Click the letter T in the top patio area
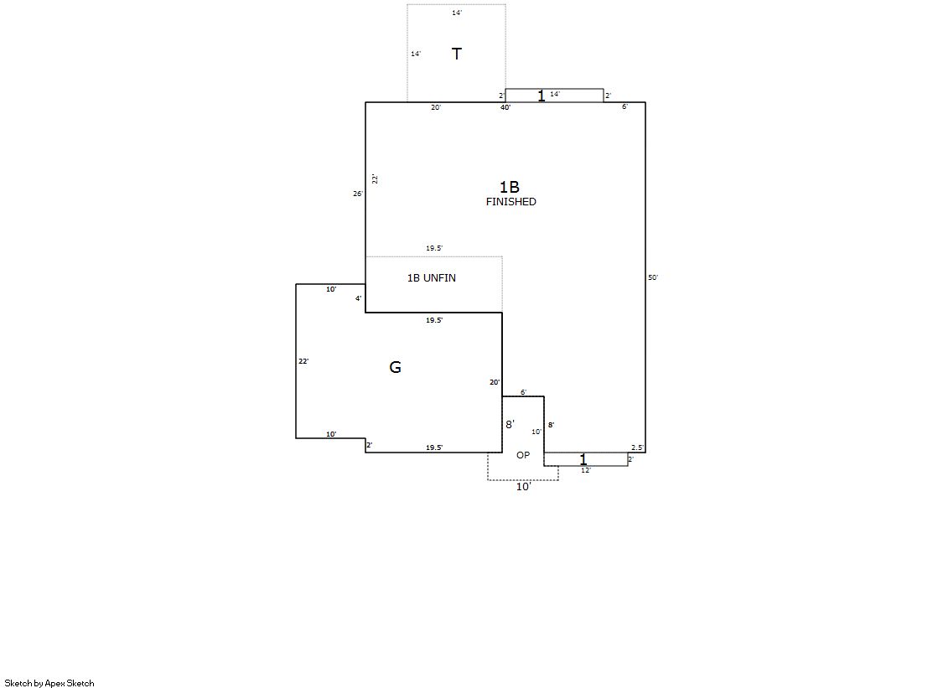tap(457, 54)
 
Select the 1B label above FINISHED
tap(510, 187)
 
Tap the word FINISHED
tap(510, 202)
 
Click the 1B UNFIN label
tap(432, 277)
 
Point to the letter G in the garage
tap(396, 367)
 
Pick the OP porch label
tap(523, 455)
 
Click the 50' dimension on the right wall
tap(653, 277)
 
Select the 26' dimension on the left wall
tap(358, 194)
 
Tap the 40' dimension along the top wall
tap(505, 107)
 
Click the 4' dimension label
tap(358, 298)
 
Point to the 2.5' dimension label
tap(637, 447)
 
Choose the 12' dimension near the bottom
tap(586, 470)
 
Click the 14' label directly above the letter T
tap(457, 13)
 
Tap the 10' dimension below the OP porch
tap(523, 487)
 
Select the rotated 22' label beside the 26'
tap(375, 178)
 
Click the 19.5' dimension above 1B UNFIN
tap(434, 248)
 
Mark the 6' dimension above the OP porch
tap(523, 392)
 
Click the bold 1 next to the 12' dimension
tap(583, 459)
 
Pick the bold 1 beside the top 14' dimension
tap(542, 96)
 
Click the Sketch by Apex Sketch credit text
tap(49, 683)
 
